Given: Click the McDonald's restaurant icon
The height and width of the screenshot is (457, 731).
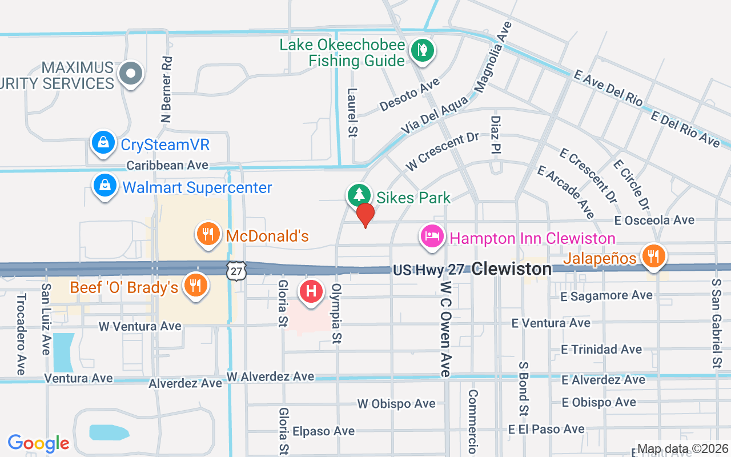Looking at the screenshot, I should (208, 234).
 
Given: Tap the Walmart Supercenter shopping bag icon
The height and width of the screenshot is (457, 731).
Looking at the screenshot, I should (105, 186).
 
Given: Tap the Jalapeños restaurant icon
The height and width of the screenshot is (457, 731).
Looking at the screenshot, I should (652, 255).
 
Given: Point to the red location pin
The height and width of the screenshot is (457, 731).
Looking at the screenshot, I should (365, 215).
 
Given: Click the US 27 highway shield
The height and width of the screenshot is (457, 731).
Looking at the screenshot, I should (236, 271).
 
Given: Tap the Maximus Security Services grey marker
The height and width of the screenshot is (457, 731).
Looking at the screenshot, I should (131, 73).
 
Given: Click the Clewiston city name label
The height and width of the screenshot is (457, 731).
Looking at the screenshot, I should (512, 268).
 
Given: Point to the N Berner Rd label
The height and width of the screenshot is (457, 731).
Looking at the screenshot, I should (166, 90).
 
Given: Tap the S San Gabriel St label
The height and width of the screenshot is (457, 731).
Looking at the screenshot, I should (716, 323).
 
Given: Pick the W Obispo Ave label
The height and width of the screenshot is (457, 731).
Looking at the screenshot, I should (396, 404).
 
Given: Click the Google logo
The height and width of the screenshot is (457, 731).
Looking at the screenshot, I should (38, 443).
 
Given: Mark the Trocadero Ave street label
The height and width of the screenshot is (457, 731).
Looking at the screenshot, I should (21, 334).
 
